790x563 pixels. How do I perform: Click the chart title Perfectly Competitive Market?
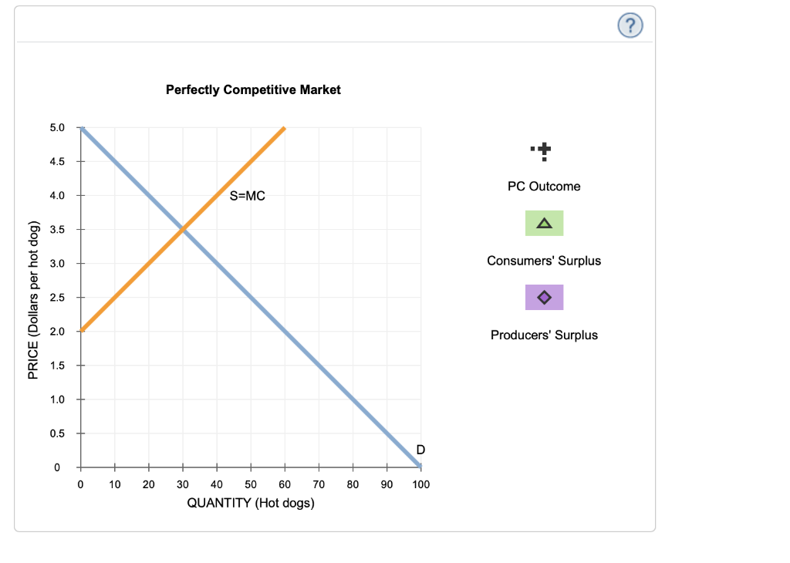pyautogui.click(x=253, y=89)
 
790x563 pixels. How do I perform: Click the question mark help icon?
pyautogui.click(x=630, y=26)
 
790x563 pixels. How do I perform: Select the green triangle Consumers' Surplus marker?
pyautogui.click(x=544, y=224)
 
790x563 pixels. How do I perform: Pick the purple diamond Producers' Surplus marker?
pyautogui.click(x=544, y=298)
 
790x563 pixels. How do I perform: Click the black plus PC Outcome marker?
pyautogui.click(x=543, y=149)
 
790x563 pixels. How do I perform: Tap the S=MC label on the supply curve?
pyautogui.click(x=247, y=196)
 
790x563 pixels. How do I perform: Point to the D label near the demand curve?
pyautogui.click(x=420, y=449)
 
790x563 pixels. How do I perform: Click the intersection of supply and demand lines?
pyautogui.click(x=183, y=229)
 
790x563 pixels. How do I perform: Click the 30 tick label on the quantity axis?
pyautogui.click(x=183, y=484)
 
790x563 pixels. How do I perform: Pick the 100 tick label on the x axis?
pyautogui.click(x=420, y=484)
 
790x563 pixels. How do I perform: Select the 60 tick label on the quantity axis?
pyautogui.click(x=285, y=484)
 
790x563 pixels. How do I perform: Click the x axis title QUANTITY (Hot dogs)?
pyautogui.click(x=251, y=503)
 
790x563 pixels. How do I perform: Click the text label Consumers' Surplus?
pyautogui.click(x=544, y=261)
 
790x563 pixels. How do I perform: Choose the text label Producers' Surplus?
pyautogui.click(x=544, y=335)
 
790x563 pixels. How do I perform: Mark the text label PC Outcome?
pyautogui.click(x=544, y=186)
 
